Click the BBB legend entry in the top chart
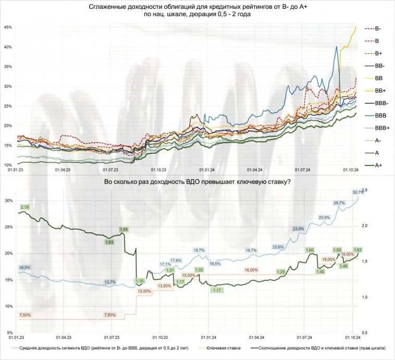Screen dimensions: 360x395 tap(378, 114)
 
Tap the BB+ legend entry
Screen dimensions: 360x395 tap(378, 90)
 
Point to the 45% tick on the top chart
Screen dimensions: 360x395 tap(8, 27)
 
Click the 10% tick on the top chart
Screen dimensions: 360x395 tap(8, 165)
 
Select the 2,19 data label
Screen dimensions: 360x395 tap(24, 207)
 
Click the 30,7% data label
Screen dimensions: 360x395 tap(359, 193)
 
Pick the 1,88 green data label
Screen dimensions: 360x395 tap(124, 229)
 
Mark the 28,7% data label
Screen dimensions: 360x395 tap(339, 203)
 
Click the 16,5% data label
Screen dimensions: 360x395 tap(24, 267)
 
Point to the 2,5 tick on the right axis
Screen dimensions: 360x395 tap(365, 190)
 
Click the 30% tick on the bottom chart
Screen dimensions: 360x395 tap(8, 201)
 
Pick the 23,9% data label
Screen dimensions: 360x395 tap(299, 228)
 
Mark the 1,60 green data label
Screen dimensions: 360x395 tap(310, 250)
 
